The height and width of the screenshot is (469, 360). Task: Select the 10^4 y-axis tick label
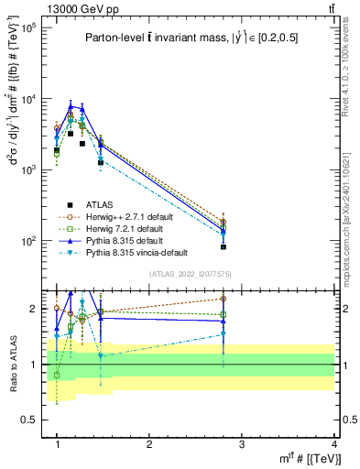(x=27, y=100)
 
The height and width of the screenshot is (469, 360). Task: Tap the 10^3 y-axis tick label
(x=27, y=170)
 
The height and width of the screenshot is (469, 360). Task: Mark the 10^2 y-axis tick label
(x=27, y=241)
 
